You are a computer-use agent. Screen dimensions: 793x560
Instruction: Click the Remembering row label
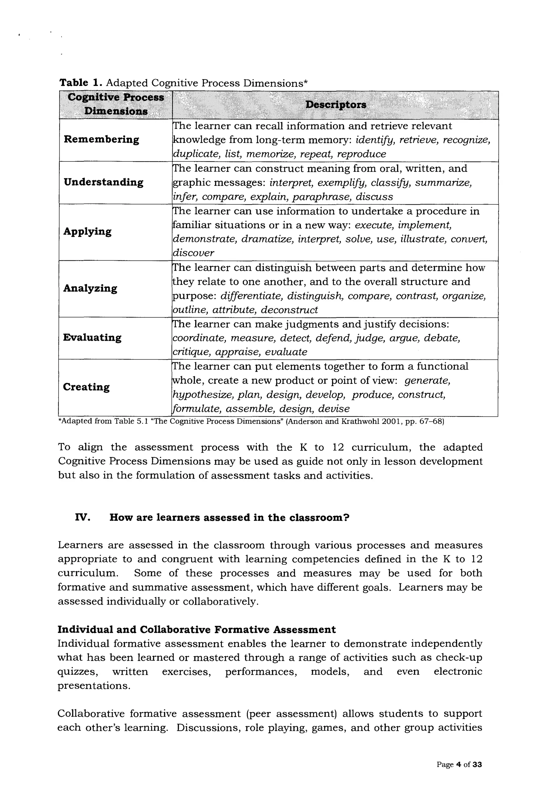(x=101, y=140)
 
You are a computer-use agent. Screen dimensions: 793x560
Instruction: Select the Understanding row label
(x=104, y=182)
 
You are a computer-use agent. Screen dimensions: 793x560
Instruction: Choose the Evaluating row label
(x=92, y=338)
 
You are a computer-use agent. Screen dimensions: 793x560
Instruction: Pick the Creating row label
(x=86, y=387)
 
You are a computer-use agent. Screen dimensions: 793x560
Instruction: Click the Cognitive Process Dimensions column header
(x=116, y=104)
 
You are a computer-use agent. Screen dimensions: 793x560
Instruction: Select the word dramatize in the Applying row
(x=267, y=239)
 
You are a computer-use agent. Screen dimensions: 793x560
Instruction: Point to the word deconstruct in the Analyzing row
(x=289, y=310)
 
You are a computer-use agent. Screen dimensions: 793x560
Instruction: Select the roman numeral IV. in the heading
(x=83, y=518)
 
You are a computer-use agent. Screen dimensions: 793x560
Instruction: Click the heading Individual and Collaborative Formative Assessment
(x=196, y=630)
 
